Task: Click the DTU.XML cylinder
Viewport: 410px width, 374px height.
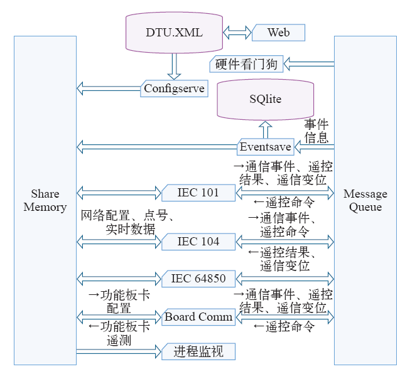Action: point(174,32)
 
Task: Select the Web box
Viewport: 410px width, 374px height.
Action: point(278,33)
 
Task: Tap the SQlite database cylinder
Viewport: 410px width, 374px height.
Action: point(265,100)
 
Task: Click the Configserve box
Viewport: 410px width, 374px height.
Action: point(174,88)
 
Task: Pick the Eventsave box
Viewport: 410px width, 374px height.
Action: point(266,147)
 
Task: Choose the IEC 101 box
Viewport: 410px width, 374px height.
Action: point(198,193)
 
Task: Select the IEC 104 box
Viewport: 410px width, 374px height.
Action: point(198,241)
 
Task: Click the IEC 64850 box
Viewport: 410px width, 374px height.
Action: point(198,278)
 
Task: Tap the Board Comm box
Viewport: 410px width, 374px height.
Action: point(198,317)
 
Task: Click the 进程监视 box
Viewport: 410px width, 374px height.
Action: point(198,351)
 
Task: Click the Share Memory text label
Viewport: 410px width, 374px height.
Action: point(45,200)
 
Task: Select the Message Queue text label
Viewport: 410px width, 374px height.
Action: point(365,200)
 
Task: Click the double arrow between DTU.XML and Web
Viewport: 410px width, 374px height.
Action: point(238,32)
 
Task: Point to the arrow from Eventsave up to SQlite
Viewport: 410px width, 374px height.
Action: point(264,130)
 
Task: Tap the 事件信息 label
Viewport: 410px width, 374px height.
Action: point(316,131)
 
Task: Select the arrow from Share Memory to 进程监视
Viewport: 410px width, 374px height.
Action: point(119,351)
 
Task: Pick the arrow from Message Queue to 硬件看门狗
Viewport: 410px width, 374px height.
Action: point(310,64)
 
